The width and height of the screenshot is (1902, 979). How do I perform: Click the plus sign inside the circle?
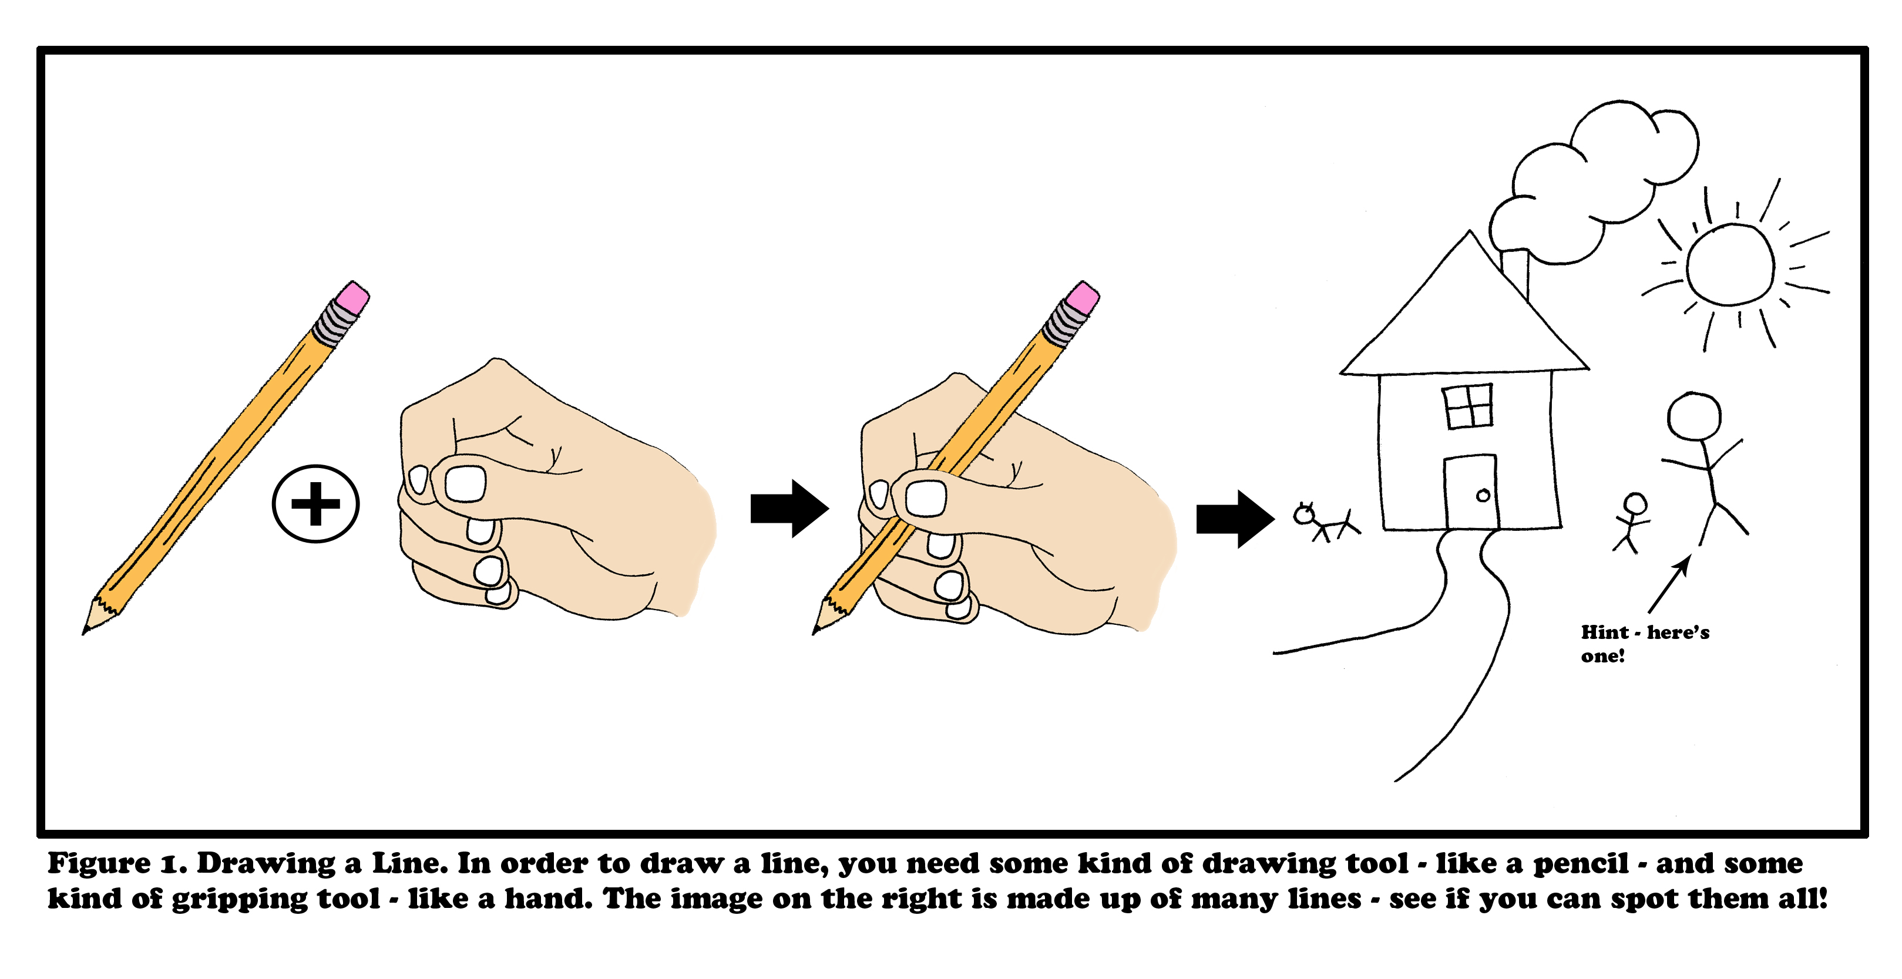tap(315, 504)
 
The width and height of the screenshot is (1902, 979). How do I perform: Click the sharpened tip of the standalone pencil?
tap(84, 631)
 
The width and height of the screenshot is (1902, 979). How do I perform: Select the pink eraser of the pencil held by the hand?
tap(1083, 298)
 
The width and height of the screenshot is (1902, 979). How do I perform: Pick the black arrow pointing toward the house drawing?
tap(1235, 519)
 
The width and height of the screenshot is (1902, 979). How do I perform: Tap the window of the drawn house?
tap(1468, 406)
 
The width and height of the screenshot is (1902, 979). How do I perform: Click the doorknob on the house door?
tap(1483, 496)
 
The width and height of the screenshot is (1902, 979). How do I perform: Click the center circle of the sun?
tap(1729, 264)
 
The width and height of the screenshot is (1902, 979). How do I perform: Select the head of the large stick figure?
tap(1694, 417)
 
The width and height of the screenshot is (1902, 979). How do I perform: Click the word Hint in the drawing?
tap(1604, 632)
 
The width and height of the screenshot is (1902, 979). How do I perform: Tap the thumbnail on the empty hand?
tap(465, 483)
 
